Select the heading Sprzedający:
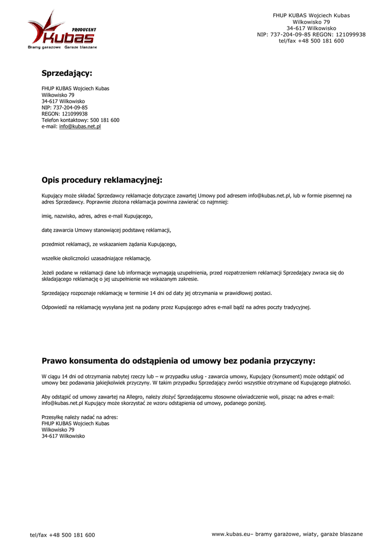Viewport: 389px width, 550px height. tap(67, 73)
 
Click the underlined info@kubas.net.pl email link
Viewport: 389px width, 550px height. tap(80, 127)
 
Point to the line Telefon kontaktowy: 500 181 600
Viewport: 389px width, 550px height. tap(81, 120)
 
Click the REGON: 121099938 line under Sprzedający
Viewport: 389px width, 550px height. tap(64, 114)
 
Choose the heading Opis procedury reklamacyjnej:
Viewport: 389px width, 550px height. tap(102, 180)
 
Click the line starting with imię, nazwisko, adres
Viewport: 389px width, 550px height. tap(97, 216)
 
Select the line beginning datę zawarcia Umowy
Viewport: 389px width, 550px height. tap(106, 230)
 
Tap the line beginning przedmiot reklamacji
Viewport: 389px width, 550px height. tap(109, 244)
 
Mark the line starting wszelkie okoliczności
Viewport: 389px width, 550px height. tap(96, 258)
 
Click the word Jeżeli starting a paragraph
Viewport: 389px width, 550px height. tap(49, 273)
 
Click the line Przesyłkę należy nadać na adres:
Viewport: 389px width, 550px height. tap(80, 417)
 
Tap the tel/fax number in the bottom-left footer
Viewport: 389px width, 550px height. tap(62, 535)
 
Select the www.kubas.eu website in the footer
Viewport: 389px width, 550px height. tap(232, 534)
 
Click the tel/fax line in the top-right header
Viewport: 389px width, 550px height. tap(311, 41)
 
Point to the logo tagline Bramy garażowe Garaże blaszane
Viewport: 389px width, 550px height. tap(62, 47)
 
